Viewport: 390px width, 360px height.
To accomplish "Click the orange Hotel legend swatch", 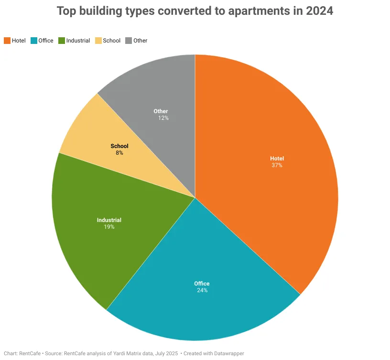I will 7,41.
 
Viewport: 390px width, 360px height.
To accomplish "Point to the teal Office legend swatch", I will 33,41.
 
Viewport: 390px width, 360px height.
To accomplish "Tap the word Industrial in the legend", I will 78,41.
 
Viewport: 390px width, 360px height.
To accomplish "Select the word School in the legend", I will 112,41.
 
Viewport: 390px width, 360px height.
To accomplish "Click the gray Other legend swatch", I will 128,41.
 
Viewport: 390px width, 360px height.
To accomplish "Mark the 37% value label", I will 277,166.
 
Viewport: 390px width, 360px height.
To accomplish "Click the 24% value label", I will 202,290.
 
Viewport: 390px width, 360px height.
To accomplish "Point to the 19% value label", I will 109,227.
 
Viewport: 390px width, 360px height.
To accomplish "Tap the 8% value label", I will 119,153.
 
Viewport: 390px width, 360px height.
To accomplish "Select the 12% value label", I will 163,117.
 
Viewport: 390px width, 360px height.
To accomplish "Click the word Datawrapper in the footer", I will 228,354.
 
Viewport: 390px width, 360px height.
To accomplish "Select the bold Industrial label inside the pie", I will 109,220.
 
